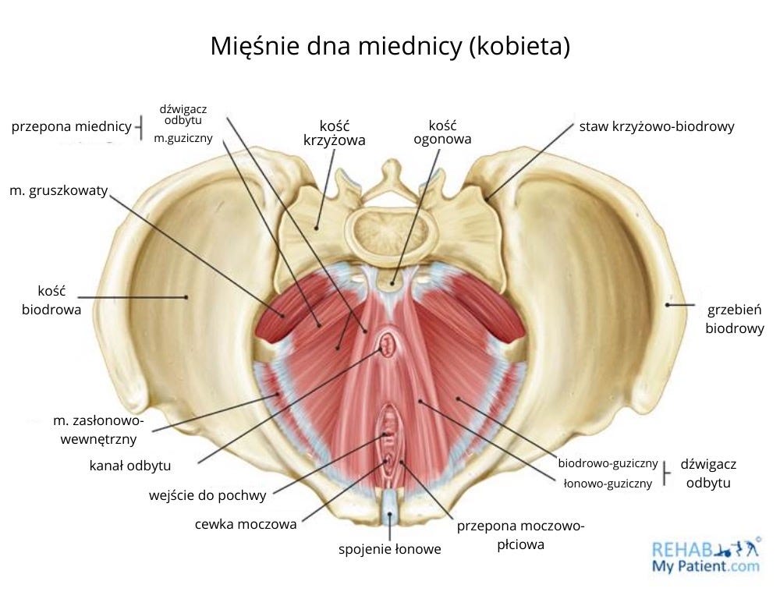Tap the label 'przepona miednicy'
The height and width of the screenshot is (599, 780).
(x=71, y=126)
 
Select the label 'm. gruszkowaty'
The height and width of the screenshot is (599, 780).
(x=58, y=190)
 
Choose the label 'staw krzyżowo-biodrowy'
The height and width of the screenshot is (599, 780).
(x=656, y=126)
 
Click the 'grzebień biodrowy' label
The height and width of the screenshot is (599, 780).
(x=734, y=318)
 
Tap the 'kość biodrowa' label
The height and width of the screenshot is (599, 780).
(x=51, y=299)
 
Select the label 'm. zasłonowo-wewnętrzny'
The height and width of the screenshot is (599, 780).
(x=98, y=430)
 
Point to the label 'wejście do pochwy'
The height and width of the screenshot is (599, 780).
(x=207, y=494)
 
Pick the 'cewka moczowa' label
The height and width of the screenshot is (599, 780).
(x=246, y=524)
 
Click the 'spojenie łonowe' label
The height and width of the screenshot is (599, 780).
(x=389, y=549)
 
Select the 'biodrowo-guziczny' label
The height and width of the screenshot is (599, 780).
(x=608, y=464)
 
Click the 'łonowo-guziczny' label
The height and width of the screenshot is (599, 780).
(x=608, y=484)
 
